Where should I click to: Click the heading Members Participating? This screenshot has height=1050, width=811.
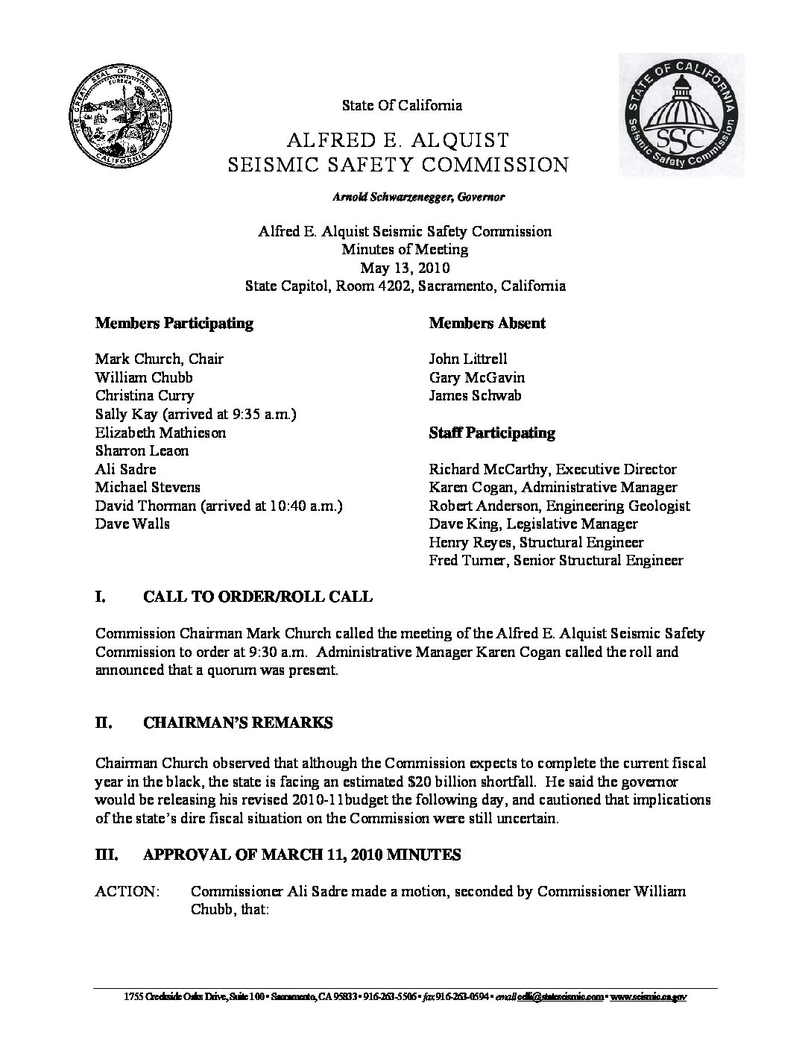[174, 323]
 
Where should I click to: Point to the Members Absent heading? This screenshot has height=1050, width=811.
[487, 323]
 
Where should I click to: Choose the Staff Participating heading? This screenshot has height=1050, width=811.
[492, 433]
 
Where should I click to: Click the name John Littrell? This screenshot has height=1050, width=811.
[468, 359]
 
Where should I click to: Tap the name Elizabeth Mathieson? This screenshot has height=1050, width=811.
[161, 433]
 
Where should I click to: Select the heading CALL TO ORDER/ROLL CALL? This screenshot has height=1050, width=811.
[257, 597]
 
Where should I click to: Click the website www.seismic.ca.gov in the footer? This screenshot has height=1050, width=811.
[649, 997]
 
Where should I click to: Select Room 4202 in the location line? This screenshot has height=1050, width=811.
[375, 286]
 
